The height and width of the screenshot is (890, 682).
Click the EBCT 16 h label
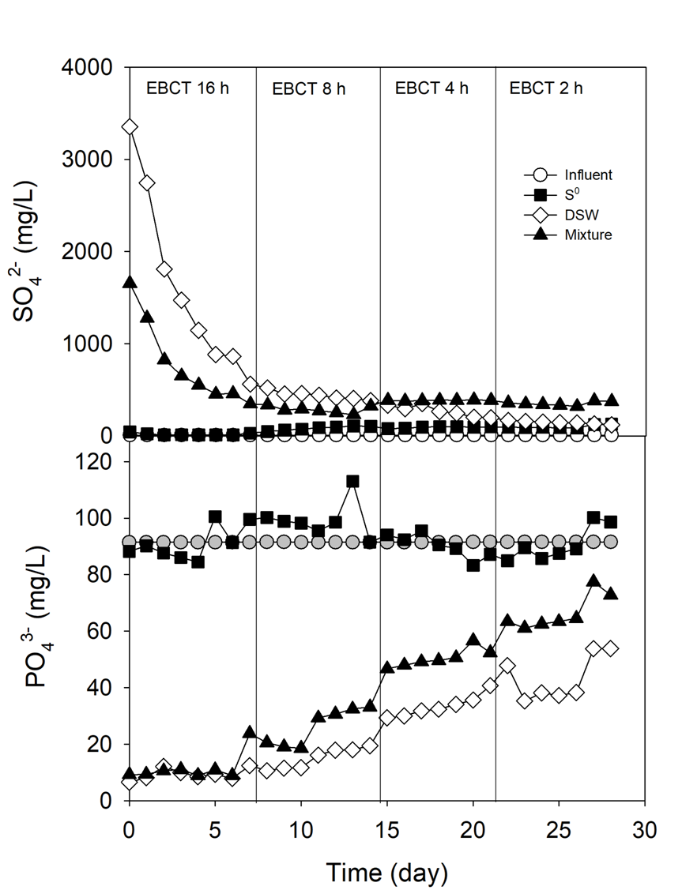click(188, 88)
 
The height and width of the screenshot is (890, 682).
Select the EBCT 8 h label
click(309, 88)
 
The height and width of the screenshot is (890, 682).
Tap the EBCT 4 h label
click(431, 88)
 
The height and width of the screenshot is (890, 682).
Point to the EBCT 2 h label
click(546, 88)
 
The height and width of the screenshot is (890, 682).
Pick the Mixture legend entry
click(583, 235)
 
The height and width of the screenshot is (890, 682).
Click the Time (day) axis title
click(387, 873)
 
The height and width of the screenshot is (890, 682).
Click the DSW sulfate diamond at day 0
click(130, 127)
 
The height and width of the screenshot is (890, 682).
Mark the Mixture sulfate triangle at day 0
click(130, 282)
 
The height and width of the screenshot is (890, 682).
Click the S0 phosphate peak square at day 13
click(352, 481)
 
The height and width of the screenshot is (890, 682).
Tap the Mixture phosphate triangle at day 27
click(593, 580)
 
